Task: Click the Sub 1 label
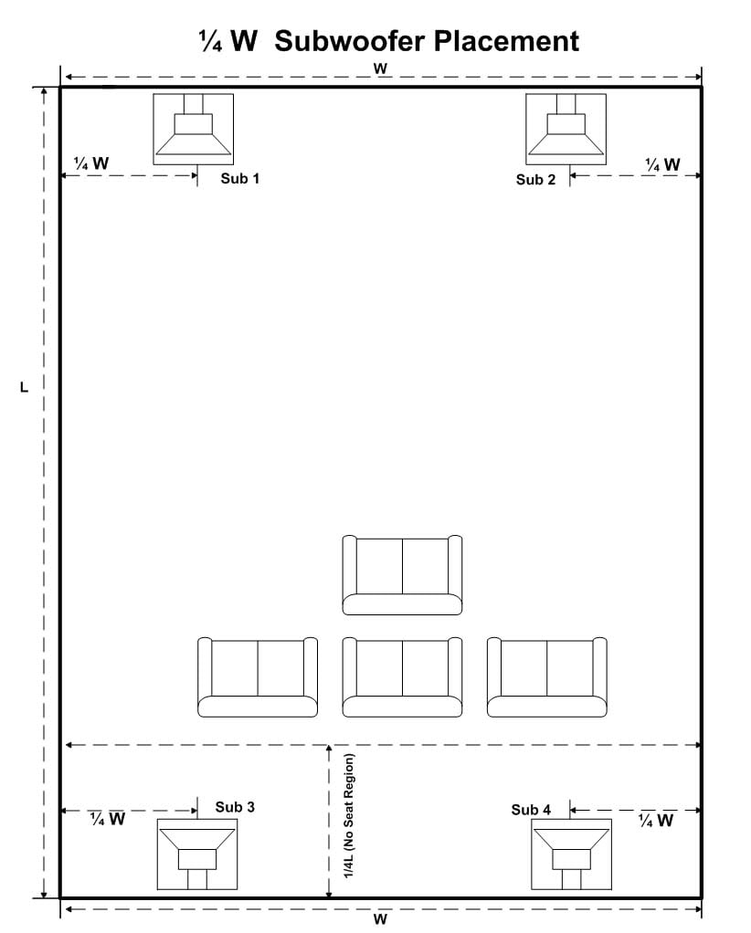pos(240,179)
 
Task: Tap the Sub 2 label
pos(535,180)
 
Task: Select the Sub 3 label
pos(235,807)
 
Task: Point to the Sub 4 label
pos(531,810)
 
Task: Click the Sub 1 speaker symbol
pos(193,129)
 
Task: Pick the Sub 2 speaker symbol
pos(566,129)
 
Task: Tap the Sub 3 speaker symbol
pos(197,854)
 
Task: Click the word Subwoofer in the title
pos(350,41)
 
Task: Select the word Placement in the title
pos(506,41)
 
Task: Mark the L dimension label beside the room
pos(25,387)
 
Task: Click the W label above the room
pos(380,68)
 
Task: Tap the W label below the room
pos(380,919)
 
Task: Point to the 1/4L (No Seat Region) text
pos(349,816)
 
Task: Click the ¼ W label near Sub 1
pos(91,163)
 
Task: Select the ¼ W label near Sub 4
pos(655,821)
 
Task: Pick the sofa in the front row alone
pos(402,575)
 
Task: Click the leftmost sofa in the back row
pos(258,677)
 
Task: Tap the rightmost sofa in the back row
pos(546,677)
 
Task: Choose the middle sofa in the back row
pos(402,677)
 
